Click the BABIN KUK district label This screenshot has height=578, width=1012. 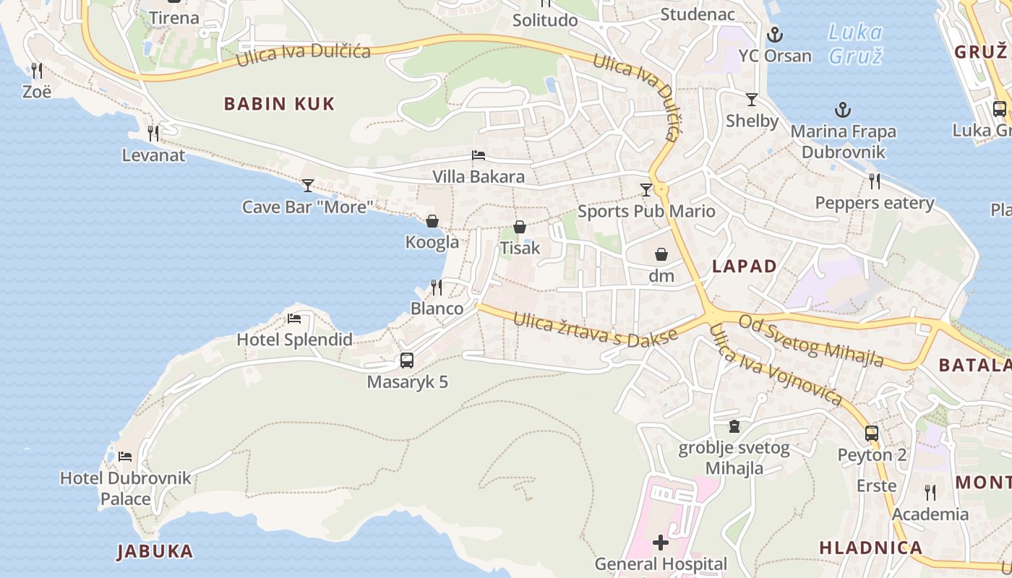click(x=279, y=104)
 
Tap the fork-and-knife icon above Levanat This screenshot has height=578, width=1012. click(x=153, y=134)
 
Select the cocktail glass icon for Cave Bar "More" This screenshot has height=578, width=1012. click(x=308, y=186)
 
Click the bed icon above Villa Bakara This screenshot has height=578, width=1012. click(x=479, y=155)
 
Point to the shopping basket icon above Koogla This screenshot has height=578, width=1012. click(x=432, y=221)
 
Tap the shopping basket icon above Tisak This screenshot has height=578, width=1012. click(x=520, y=228)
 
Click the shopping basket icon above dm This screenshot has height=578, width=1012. click(x=661, y=254)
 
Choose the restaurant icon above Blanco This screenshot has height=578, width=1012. click(x=437, y=288)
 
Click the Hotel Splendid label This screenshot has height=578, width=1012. click(x=295, y=340)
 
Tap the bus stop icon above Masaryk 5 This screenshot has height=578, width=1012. click(x=407, y=360)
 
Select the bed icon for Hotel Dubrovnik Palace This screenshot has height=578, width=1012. click(x=125, y=457)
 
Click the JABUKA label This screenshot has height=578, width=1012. click(x=155, y=552)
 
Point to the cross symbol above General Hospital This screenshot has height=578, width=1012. click(x=661, y=543)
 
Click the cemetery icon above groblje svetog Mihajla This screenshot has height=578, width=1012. click(x=734, y=426)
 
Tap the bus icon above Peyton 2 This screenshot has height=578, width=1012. click(x=872, y=433)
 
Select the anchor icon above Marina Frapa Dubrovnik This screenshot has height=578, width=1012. click(x=843, y=111)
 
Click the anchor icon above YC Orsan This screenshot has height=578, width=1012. click(x=775, y=34)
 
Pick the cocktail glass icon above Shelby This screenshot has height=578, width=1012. click(x=752, y=100)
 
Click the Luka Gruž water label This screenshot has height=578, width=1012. click(x=855, y=43)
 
